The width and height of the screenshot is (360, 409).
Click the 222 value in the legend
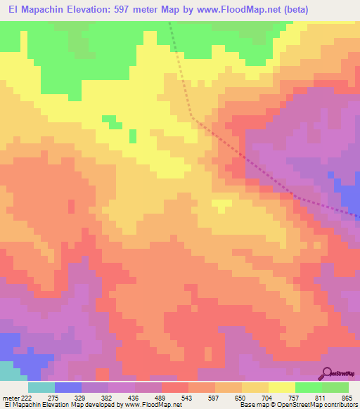[x=22, y=398]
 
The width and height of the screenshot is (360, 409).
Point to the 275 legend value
[x=53, y=398]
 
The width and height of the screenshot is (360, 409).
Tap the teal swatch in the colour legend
[x=41, y=387]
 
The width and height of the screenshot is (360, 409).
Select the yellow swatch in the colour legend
[x=282, y=387]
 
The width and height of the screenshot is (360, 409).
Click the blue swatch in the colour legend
[x=68, y=387]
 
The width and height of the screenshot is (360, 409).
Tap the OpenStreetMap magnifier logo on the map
[x=326, y=372]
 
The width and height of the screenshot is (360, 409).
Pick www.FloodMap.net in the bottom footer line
[x=148, y=405]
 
